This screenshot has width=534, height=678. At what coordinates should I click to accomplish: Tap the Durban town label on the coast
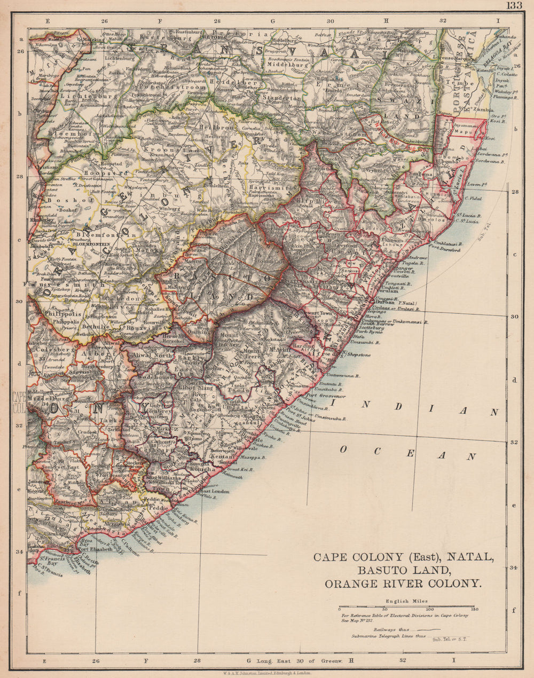pyautogui.click(x=384, y=302)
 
